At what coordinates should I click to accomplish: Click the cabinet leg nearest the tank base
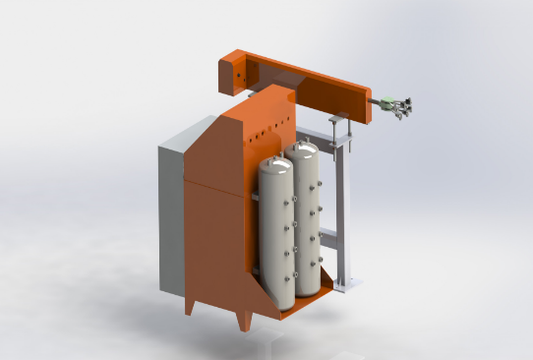[246, 321]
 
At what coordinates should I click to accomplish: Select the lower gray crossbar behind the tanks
[329, 235]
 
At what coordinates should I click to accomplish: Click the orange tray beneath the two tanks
[295, 305]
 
